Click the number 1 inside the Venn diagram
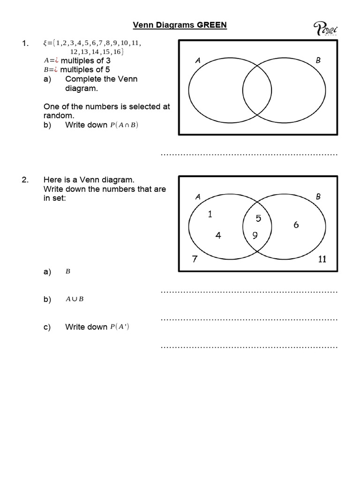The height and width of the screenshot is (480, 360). [210, 214]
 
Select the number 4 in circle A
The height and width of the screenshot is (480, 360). [218, 235]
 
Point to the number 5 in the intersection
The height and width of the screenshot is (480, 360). [258, 218]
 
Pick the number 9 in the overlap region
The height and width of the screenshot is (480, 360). [255, 236]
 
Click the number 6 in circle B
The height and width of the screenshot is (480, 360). [296, 225]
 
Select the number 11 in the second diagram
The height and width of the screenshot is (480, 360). [322, 259]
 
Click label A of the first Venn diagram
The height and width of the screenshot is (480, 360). [198, 60]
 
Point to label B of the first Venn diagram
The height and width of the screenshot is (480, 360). [318, 60]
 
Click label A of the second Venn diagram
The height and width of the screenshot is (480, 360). [198, 197]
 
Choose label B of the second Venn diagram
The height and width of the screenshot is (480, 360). [318, 197]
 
